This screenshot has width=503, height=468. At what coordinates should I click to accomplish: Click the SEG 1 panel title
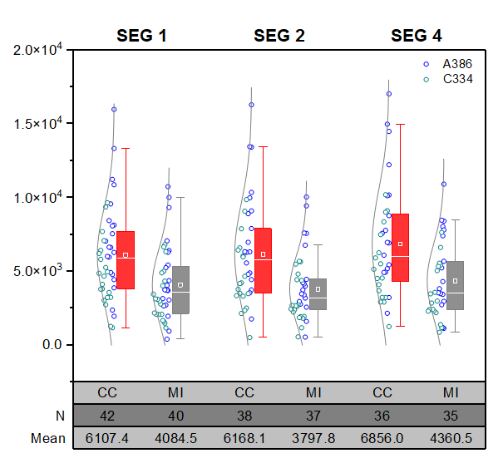141,36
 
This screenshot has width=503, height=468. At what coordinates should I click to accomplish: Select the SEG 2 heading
279,36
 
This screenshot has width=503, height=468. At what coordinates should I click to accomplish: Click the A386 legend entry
456,64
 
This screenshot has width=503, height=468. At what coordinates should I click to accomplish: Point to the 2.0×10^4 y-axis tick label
39,50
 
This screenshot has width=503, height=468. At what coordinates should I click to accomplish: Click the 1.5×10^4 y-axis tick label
39,124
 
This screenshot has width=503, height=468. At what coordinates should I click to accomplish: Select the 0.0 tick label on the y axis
52,345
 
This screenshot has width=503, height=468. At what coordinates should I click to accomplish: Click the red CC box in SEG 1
126,260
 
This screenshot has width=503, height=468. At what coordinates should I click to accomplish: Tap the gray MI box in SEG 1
180,289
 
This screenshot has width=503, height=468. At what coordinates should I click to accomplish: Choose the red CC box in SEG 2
263,260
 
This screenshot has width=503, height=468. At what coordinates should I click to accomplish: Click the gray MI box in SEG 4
455,285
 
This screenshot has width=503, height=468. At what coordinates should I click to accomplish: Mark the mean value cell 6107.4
107,438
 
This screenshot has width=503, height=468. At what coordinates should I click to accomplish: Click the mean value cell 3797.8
313,438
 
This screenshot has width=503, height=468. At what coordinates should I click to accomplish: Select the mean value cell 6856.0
382,438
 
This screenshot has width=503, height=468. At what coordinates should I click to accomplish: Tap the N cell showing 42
107,415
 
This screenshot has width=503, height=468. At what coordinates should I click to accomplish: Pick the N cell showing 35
451,415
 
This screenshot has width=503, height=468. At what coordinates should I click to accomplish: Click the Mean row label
47,438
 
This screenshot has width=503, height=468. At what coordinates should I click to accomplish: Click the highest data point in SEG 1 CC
114,109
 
